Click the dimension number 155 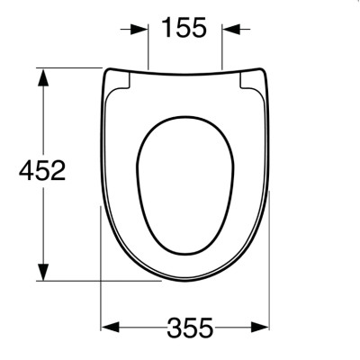pos(184,27)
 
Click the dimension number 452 pos(42,170)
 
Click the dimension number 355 pos(190,328)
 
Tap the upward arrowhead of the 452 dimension pos(44,77)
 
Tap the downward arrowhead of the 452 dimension pos(44,272)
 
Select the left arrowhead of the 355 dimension pos(111,327)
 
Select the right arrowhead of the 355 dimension pos(260,327)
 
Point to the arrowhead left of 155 pos(139,30)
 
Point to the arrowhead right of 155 pos(231,30)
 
